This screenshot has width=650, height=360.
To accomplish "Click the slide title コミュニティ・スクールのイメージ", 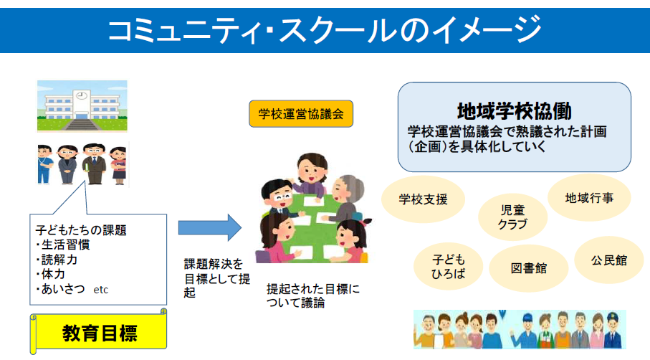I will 324,29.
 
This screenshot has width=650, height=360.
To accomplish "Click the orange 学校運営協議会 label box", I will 301,113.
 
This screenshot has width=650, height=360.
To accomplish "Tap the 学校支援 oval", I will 424,199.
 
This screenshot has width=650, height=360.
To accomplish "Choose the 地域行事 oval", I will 588,197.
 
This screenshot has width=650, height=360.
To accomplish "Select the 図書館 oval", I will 529,268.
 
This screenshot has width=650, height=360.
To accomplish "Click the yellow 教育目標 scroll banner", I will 100,332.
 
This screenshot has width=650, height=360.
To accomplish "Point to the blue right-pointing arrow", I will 210,227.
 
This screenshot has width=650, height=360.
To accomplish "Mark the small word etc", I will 101,290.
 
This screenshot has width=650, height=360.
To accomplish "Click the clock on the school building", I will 81,94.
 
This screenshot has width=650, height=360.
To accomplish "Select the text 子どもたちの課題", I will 81,230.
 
